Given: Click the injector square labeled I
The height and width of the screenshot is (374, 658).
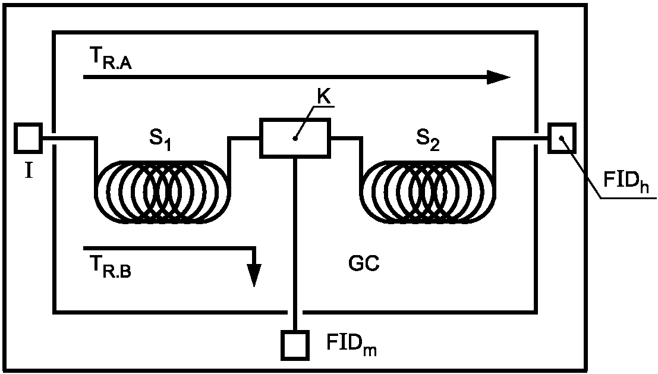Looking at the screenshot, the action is point(29,138).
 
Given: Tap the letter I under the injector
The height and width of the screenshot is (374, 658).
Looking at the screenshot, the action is point(29,171).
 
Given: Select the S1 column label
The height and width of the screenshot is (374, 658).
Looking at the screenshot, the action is point(160,139).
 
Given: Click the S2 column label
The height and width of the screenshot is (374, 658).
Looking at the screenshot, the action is point(429,139).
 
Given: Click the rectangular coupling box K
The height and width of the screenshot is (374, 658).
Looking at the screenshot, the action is point(295,138).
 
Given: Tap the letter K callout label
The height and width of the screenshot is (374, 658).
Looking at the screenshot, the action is point(324,97).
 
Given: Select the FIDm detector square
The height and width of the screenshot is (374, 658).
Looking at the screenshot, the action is point(295,345).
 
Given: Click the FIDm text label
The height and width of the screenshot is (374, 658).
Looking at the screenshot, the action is point(352,345).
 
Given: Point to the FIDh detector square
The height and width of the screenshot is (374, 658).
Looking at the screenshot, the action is point(562,138).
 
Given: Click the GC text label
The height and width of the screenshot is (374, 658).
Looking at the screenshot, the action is point(364,264).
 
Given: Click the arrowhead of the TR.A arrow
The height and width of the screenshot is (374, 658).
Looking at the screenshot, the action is point(499,77).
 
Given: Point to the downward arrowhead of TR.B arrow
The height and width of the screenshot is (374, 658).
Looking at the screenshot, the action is point(254,275).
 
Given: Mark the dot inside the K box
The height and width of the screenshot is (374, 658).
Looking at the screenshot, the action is point(295,139).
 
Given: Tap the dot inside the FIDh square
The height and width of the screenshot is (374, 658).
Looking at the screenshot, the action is point(561,137).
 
